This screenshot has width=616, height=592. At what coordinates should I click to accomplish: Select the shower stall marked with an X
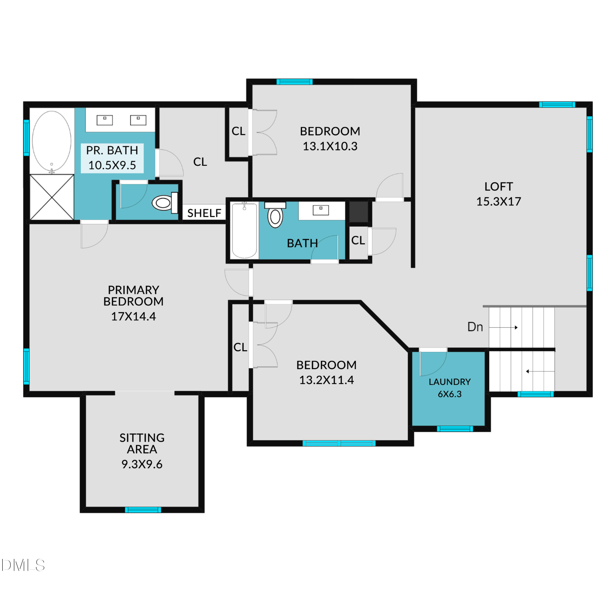click(x=52, y=197)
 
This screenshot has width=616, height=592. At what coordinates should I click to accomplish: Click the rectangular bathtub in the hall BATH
click(x=244, y=230)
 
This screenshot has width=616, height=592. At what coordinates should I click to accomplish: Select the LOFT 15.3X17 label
click(x=499, y=194)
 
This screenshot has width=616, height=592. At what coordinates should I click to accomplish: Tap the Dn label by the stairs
click(x=475, y=327)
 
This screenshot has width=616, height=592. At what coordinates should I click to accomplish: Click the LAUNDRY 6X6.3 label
click(x=449, y=388)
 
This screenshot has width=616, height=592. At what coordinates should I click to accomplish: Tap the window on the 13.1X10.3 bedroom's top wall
click(x=294, y=82)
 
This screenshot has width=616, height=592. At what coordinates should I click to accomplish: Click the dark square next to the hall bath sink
click(x=359, y=212)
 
